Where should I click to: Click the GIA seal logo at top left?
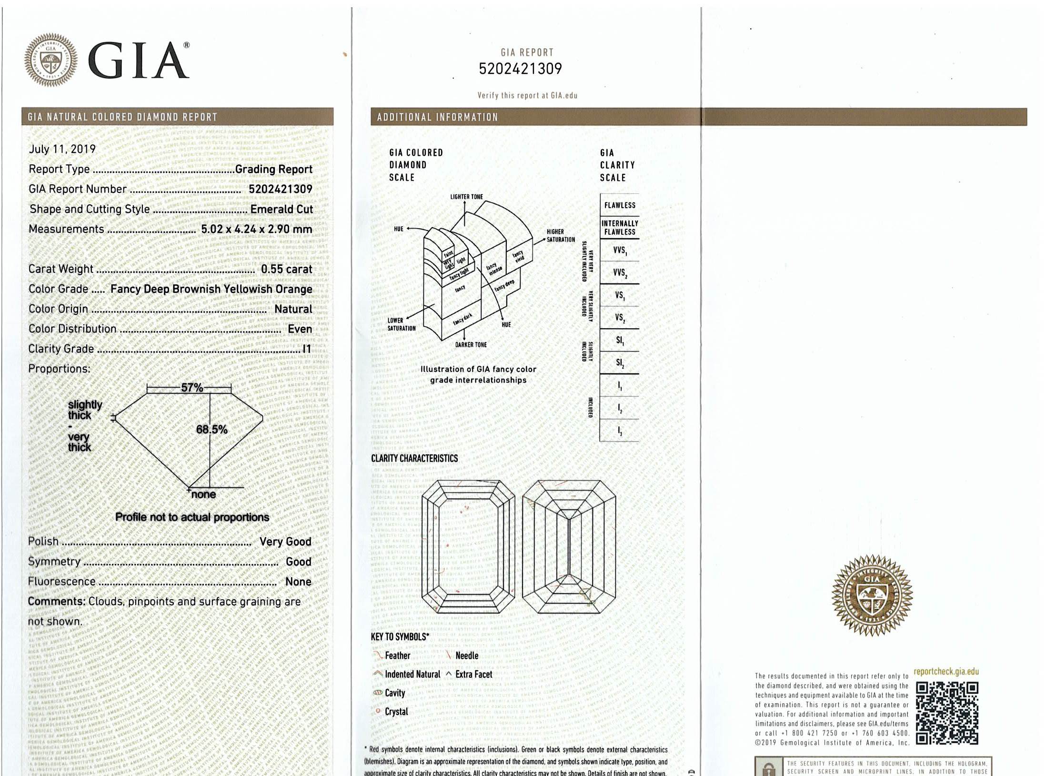[51, 60]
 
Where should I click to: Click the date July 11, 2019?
[62, 149]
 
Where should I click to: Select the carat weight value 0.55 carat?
[286, 269]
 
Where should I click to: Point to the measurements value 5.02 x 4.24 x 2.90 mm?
[256, 229]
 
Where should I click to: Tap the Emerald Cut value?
[282, 209]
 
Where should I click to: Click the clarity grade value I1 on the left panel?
[307, 349]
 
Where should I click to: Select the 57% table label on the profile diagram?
[192, 387]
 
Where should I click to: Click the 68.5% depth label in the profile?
[211, 430]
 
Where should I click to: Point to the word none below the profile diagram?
[203, 494]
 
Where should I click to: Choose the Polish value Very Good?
[285, 542]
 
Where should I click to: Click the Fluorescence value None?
[298, 582]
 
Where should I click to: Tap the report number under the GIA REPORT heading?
[520, 69]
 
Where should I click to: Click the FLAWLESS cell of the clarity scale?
[619, 205]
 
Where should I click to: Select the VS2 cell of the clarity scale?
[619, 318]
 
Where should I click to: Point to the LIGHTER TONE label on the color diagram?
[466, 197]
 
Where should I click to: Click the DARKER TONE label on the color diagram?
[471, 344]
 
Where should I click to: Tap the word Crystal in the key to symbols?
[396, 712]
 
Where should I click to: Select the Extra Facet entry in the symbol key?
[473, 675]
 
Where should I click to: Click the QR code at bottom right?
[947, 713]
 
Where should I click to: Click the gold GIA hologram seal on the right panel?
[872, 595]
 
